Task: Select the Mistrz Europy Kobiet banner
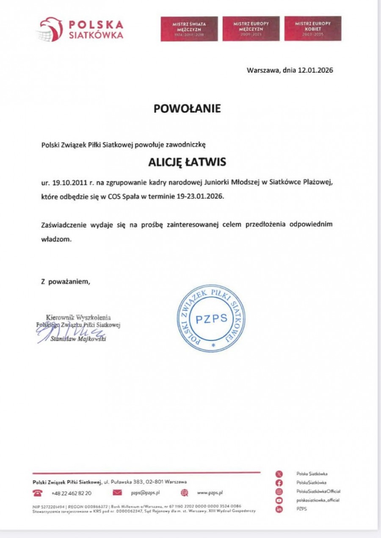coord(312,29)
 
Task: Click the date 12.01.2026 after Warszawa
coord(315,70)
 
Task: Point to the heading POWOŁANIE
coord(187,109)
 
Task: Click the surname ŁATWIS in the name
coord(207,163)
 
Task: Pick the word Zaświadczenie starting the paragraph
coord(63,224)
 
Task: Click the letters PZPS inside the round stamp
coord(212,319)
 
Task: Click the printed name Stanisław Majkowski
coord(78,339)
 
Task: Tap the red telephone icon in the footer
coord(39,493)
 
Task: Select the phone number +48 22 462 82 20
coord(71,493)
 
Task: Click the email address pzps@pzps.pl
coord(145,493)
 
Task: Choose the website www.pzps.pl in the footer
coord(210,493)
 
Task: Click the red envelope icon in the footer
coord(118,493)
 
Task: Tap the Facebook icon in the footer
coord(279,483)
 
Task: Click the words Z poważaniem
coord(66,281)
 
